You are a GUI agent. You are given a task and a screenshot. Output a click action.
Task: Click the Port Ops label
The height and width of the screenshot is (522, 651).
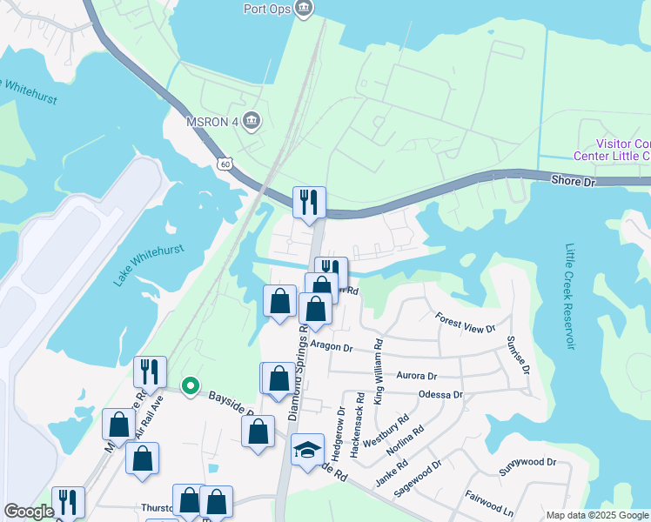tap(266, 9)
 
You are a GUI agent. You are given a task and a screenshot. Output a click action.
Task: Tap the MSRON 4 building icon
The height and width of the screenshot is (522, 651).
tap(252, 120)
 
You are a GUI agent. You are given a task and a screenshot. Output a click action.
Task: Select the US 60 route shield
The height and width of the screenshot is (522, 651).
tap(225, 164)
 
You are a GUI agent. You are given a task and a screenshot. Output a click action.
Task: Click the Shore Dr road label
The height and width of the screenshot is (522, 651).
tap(573, 180)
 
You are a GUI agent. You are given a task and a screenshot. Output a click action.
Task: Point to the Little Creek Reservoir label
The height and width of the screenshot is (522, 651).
tap(570, 296)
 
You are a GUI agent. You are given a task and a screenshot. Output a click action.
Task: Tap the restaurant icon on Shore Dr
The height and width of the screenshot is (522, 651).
tap(309, 203)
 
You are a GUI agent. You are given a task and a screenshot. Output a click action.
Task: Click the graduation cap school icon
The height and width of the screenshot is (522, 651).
tap(306, 450)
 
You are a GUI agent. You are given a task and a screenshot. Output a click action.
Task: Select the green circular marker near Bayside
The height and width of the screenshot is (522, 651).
tap(189, 385)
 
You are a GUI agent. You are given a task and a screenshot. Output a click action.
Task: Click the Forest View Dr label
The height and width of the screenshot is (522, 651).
tap(465, 323)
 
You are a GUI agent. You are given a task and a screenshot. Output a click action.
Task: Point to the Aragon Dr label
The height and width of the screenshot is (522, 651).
tap(331, 347)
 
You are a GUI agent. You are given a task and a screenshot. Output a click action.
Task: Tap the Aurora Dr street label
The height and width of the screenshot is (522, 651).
tap(416, 376)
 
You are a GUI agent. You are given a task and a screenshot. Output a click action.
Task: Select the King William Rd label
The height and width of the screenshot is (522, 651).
tap(378, 371)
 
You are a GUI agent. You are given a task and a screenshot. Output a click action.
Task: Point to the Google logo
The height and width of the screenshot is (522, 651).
tap(29, 512)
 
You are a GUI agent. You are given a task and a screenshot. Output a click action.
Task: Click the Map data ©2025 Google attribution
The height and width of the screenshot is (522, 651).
tap(596, 515)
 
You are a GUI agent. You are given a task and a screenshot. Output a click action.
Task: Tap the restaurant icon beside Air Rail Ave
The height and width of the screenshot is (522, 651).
tap(150, 371)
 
